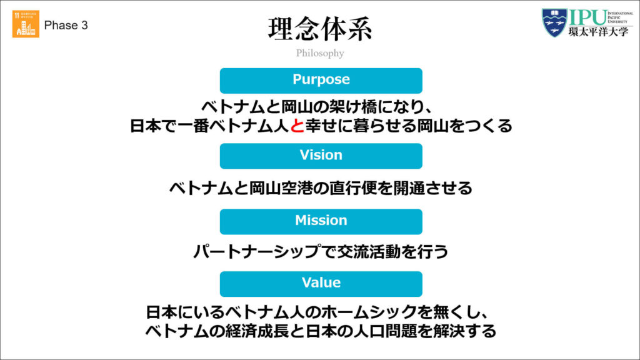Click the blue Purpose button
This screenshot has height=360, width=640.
(321, 80)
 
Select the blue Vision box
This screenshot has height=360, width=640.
(321, 156)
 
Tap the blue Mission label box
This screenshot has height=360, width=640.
(321, 221)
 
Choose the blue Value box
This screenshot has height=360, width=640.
(321, 283)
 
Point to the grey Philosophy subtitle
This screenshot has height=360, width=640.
(320, 53)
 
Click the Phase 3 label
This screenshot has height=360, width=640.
(66, 26)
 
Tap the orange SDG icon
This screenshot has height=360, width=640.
(26, 24)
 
